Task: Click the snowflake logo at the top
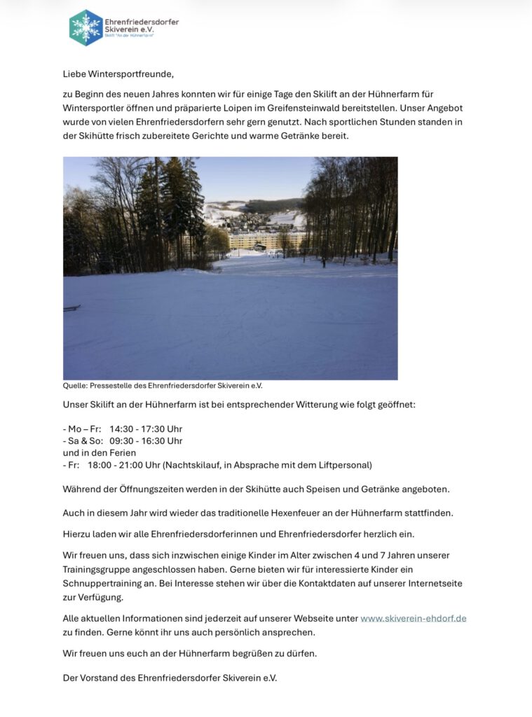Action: click(x=86, y=27)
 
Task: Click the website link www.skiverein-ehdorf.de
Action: click(x=413, y=618)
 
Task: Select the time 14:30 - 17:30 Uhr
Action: click(x=146, y=429)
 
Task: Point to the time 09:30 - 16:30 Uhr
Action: click(x=146, y=440)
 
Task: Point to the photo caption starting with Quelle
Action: click(x=163, y=385)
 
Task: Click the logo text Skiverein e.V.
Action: click(x=128, y=29)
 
